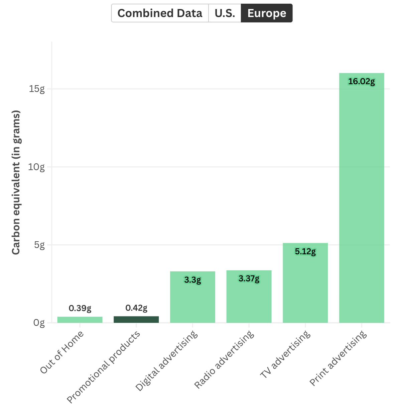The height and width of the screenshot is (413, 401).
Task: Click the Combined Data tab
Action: [x=160, y=13]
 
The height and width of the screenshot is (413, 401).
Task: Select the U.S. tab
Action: [x=225, y=13]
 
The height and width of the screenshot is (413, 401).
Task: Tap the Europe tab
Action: [x=267, y=13]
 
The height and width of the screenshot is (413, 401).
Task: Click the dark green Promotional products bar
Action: [x=136, y=319]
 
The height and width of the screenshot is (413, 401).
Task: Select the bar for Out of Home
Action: [x=80, y=320]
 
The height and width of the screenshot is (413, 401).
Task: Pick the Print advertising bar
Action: [x=362, y=198]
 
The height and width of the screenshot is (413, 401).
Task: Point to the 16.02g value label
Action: [x=362, y=82]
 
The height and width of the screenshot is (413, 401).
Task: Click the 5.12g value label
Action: [x=305, y=251]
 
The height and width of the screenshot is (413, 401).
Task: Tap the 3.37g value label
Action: [x=249, y=279]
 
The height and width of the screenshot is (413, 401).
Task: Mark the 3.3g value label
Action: [x=192, y=280]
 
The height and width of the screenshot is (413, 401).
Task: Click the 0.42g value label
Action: [x=136, y=308]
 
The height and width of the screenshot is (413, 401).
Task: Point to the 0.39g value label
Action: [x=80, y=308]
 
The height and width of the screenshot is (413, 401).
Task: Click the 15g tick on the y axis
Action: [x=37, y=89]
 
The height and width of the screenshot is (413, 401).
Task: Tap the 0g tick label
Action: [x=39, y=323]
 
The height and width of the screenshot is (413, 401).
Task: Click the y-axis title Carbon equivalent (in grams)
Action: [x=16, y=182]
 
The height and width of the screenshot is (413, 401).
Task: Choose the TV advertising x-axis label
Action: [x=285, y=354]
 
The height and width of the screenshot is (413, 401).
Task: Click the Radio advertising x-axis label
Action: [x=224, y=359]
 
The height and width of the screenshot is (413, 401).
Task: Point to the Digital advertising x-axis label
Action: [x=166, y=361]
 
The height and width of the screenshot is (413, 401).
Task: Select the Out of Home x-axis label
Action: [x=62, y=352]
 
